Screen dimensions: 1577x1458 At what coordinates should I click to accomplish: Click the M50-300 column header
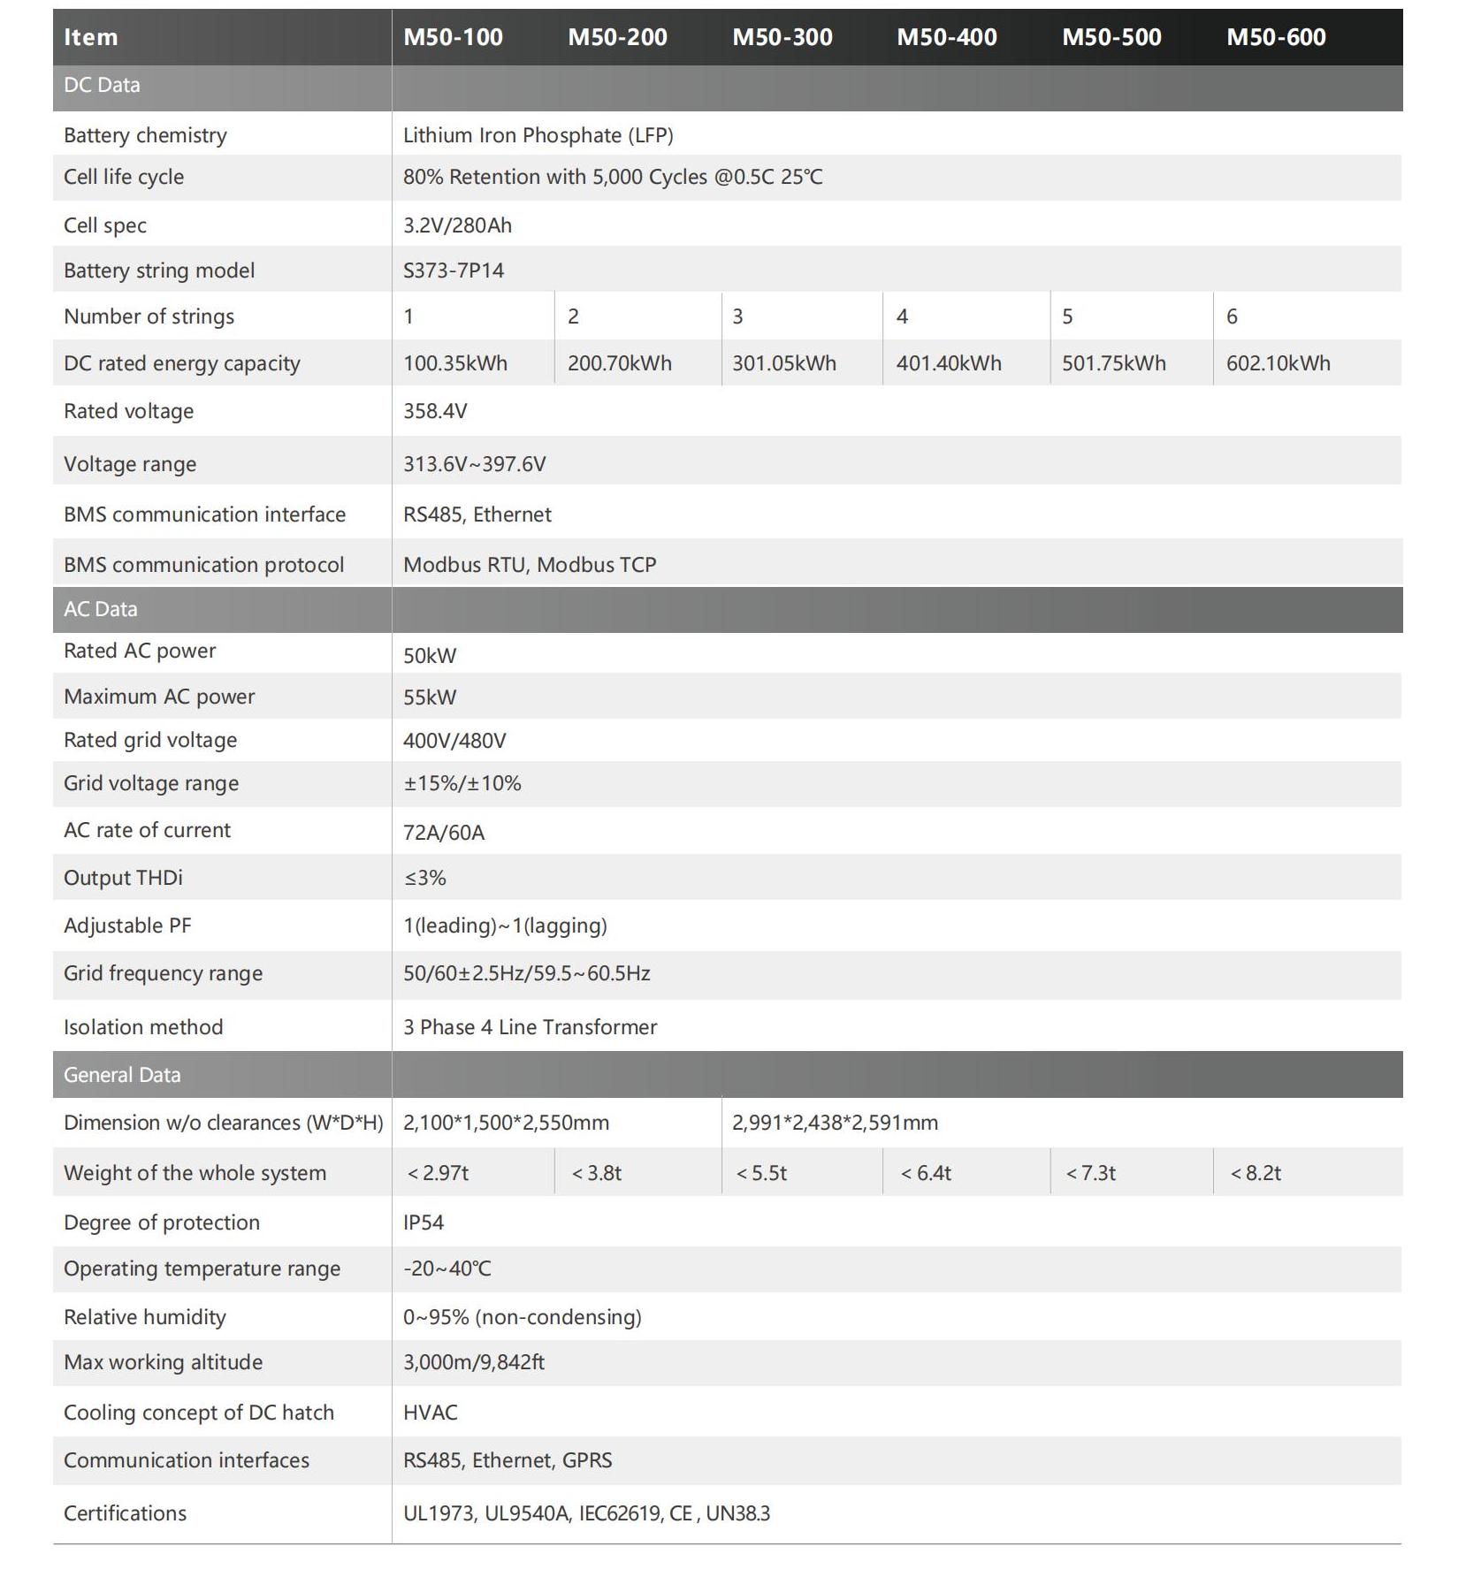pyautogui.click(x=782, y=37)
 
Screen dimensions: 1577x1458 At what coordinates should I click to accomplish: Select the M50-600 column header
pyautogui.click(x=1275, y=37)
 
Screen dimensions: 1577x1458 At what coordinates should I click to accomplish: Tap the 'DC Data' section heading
pyautogui.click(x=102, y=86)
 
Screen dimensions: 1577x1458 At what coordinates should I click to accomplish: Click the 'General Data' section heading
pyautogui.click(x=122, y=1075)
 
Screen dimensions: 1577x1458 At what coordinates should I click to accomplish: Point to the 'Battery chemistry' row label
pyautogui.click(x=145, y=135)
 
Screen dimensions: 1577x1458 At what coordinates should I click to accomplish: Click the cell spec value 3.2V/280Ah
pyautogui.click(x=457, y=225)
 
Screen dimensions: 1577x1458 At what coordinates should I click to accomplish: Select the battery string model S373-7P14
pyautogui.click(x=453, y=270)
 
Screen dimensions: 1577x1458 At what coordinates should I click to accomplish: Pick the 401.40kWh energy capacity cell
pyautogui.click(x=948, y=363)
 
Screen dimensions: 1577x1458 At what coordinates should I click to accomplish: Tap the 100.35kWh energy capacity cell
pyautogui.click(x=454, y=363)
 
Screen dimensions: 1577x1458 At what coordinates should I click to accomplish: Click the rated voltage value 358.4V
pyautogui.click(x=435, y=411)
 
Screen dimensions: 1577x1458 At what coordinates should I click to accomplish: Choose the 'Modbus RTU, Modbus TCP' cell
pyautogui.click(x=529, y=565)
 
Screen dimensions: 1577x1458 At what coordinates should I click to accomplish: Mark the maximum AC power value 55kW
pyautogui.click(x=430, y=697)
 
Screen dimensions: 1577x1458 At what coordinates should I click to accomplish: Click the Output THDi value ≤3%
pyautogui.click(x=424, y=878)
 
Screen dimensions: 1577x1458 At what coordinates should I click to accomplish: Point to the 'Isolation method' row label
pyautogui.click(x=143, y=1027)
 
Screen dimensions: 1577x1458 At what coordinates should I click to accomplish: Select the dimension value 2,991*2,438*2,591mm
pyautogui.click(x=835, y=1123)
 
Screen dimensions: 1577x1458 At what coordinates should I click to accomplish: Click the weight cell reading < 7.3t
pyautogui.click(x=1090, y=1173)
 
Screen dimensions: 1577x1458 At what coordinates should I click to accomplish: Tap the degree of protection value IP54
pyautogui.click(x=424, y=1223)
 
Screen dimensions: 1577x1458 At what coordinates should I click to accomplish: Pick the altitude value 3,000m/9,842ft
pyautogui.click(x=473, y=1362)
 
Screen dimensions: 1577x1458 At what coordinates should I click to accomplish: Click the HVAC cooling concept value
pyautogui.click(x=430, y=1413)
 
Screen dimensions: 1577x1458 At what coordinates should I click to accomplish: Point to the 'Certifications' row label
pyautogui.click(x=125, y=1513)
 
